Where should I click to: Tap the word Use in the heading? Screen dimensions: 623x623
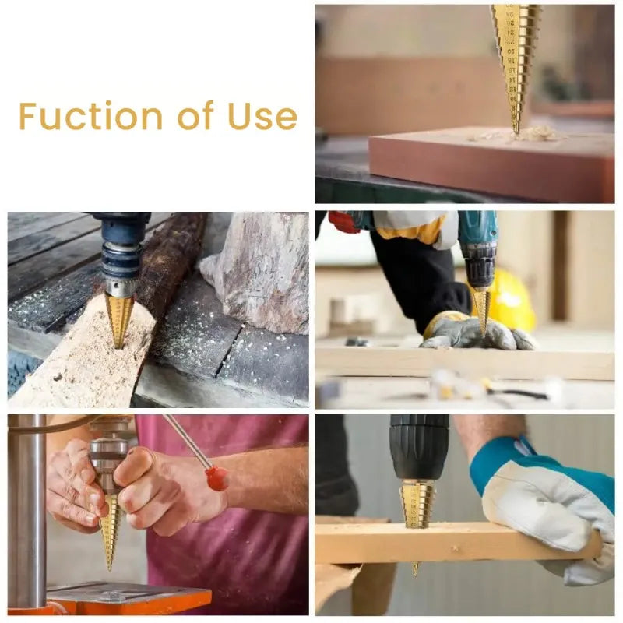[262, 116]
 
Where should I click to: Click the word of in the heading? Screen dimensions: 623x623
[195, 116]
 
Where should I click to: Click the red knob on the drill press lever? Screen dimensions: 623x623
[217, 477]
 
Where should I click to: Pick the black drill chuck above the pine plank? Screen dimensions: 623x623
[419, 447]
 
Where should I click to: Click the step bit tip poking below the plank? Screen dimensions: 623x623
[415, 568]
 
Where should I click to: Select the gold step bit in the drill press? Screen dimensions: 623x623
[111, 530]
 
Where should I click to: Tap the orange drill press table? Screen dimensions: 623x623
[128, 598]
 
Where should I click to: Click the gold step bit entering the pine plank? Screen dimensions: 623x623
[418, 502]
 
